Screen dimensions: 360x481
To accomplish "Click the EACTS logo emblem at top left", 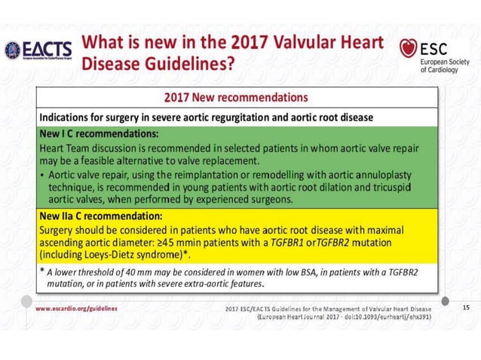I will click(x=14, y=51).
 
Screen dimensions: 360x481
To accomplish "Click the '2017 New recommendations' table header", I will click(x=236, y=98).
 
